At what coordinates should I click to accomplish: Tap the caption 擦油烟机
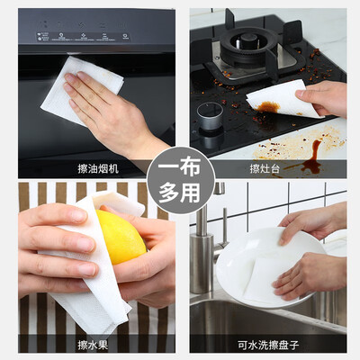pyautogui.click(x=98, y=168)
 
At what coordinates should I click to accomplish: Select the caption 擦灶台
pyautogui.click(x=265, y=168)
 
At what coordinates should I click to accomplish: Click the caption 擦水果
pyautogui.click(x=93, y=345)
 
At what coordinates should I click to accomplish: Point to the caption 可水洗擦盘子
pyautogui.click(x=268, y=345)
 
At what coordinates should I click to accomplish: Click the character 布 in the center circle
pyautogui.click(x=190, y=167)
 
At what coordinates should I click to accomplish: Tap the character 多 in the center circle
pyautogui.click(x=169, y=193)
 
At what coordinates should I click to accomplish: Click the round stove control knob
pyautogui.click(x=210, y=115)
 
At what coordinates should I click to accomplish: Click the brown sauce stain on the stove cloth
pyautogui.click(x=267, y=107)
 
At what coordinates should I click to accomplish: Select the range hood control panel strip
pyautogui.click(x=84, y=36)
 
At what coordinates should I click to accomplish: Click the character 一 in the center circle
pyautogui.click(x=169, y=167)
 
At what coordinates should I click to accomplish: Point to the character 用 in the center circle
pyautogui.click(x=191, y=193)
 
